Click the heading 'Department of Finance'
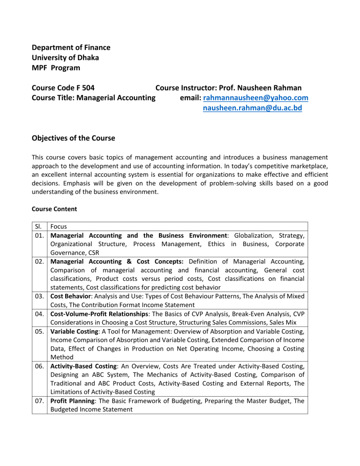pos(70,47)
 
